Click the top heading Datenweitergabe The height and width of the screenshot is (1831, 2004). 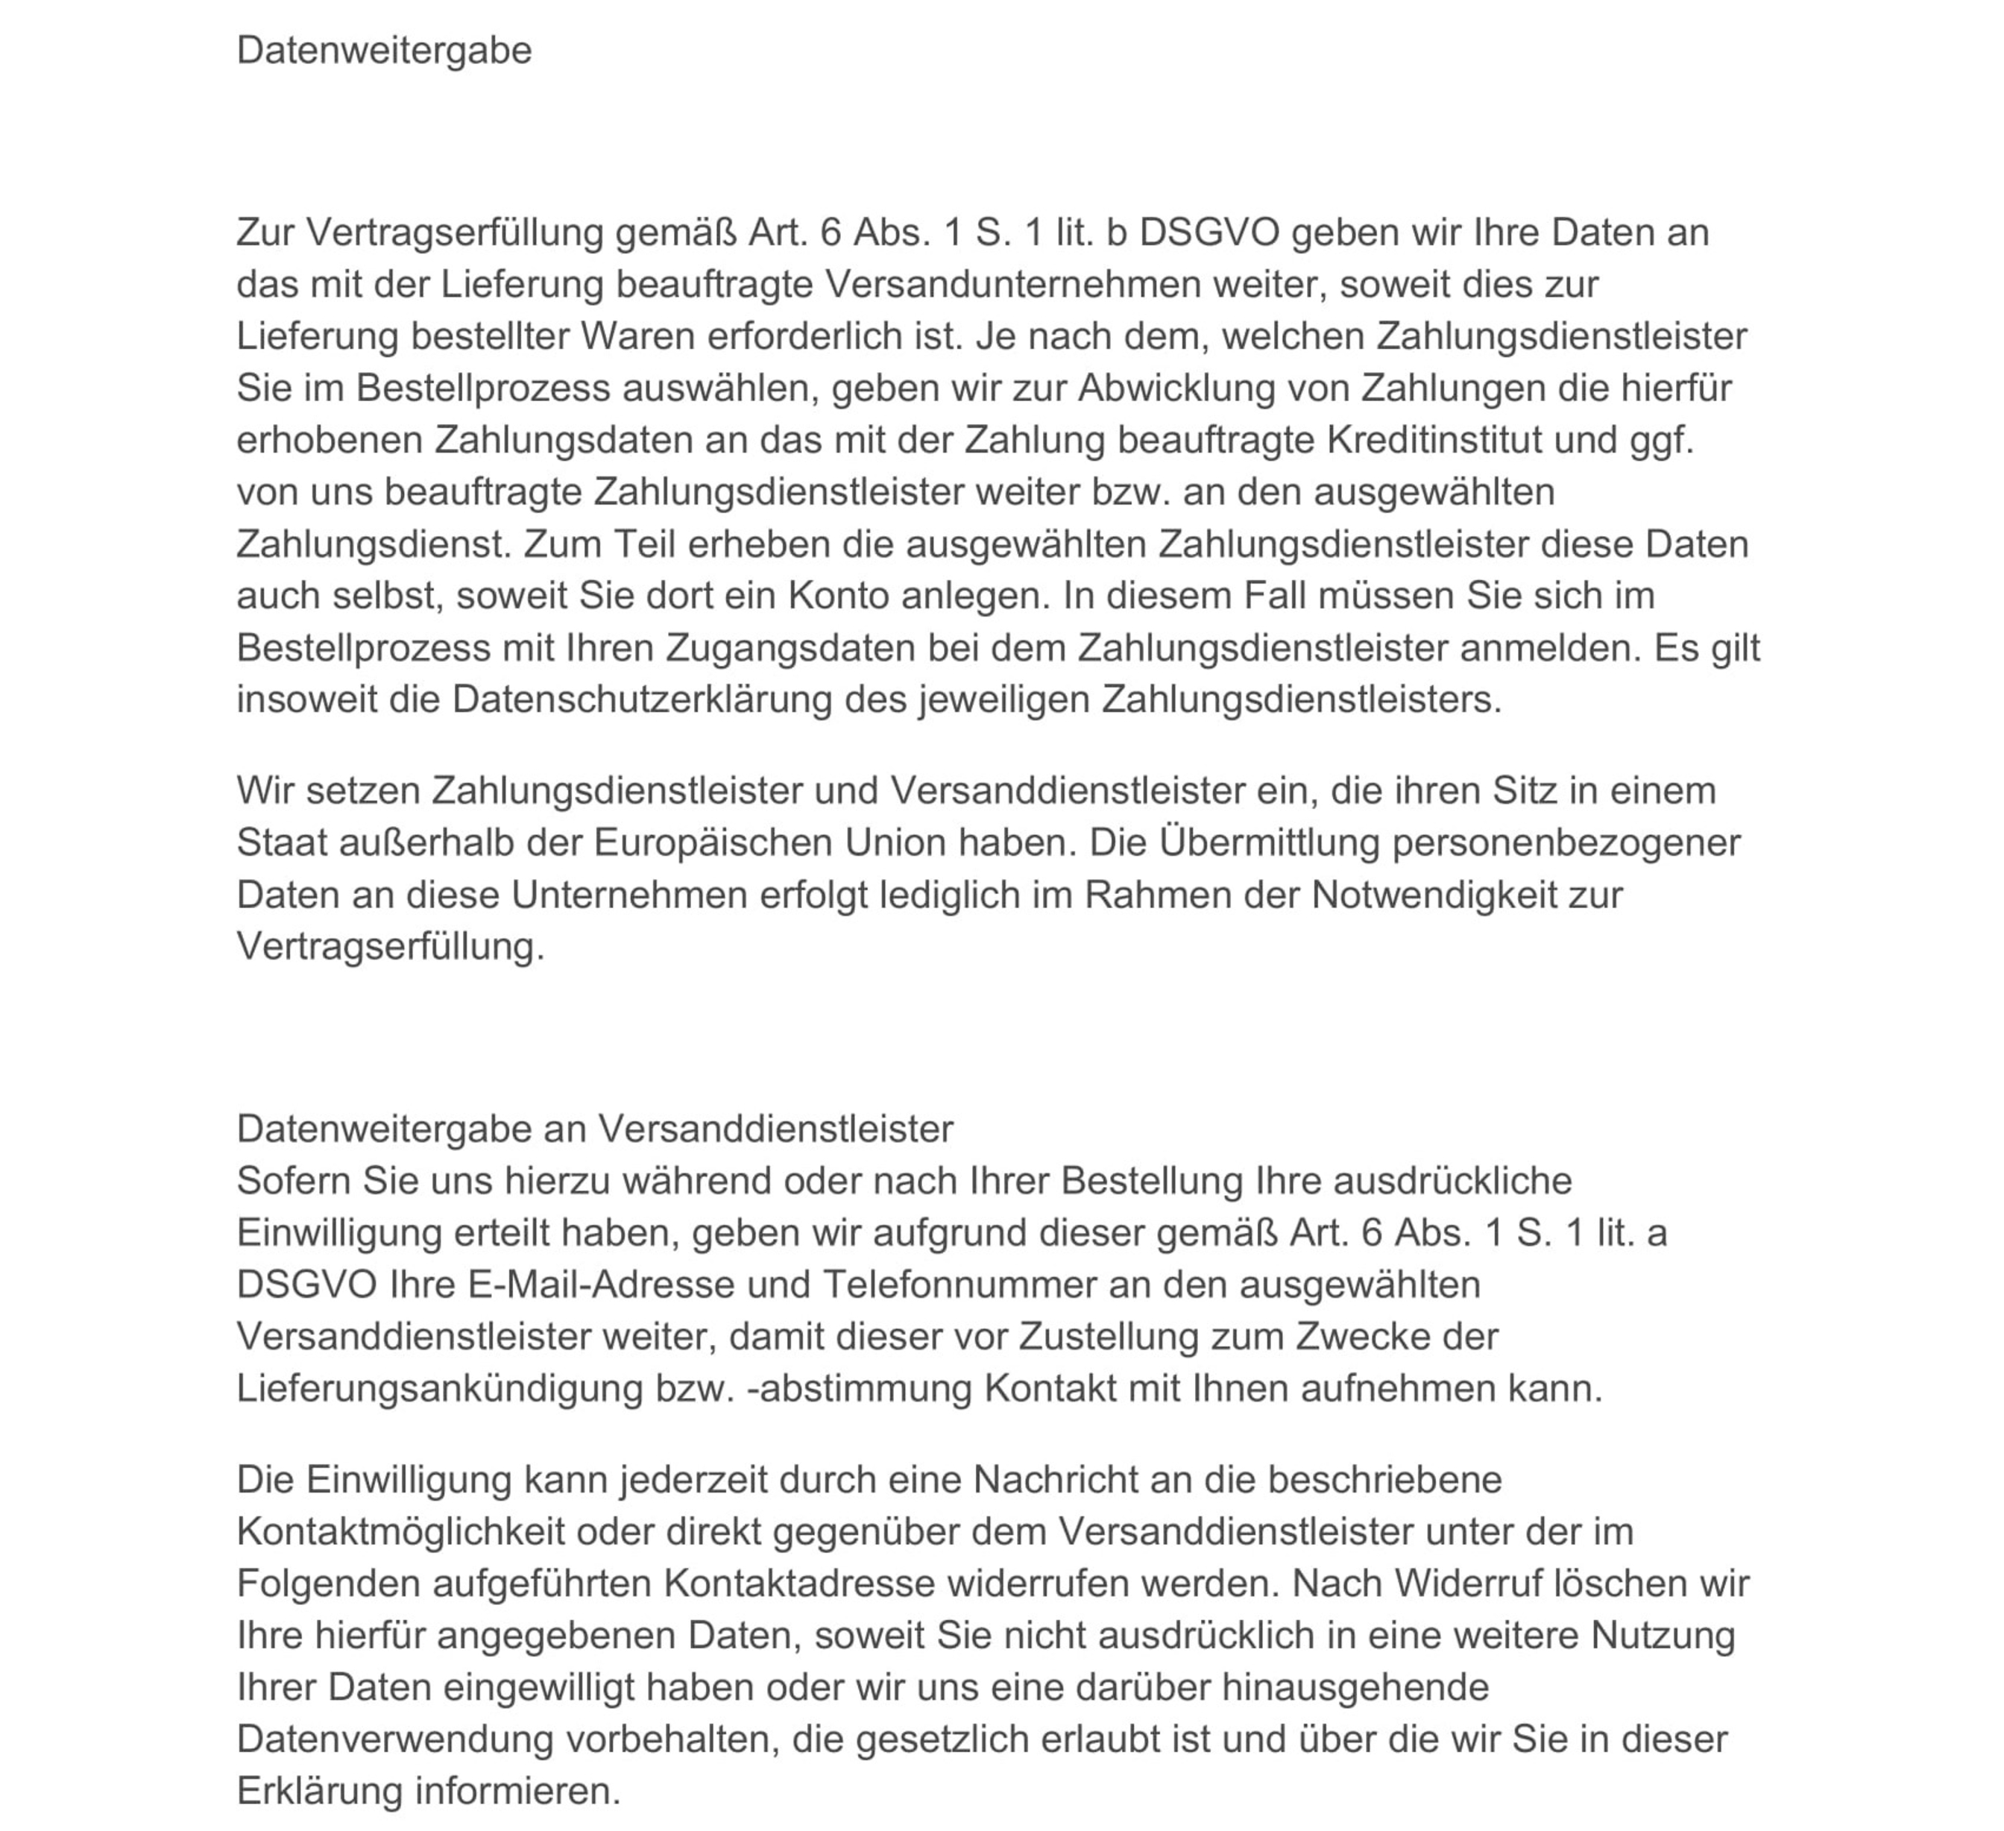384,50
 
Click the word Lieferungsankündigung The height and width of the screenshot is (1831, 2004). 439,1387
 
